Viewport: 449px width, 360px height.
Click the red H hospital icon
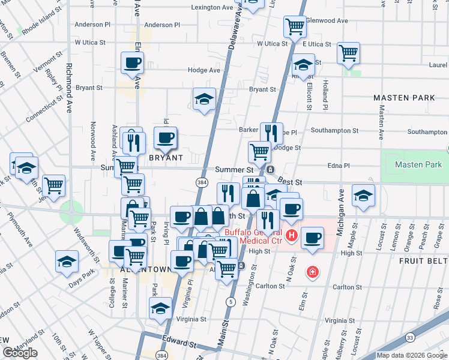point(292,234)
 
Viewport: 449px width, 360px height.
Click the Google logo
point(20,353)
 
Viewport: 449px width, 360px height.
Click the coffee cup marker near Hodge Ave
point(132,62)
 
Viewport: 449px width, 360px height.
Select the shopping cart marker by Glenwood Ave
point(295,26)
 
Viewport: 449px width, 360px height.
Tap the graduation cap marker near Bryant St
point(204,99)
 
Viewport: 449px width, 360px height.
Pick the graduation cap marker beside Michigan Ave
point(363,196)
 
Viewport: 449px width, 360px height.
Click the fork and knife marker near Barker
point(271,133)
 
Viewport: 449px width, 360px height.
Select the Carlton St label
point(272,287)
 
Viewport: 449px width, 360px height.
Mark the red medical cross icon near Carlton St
point(312,272)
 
